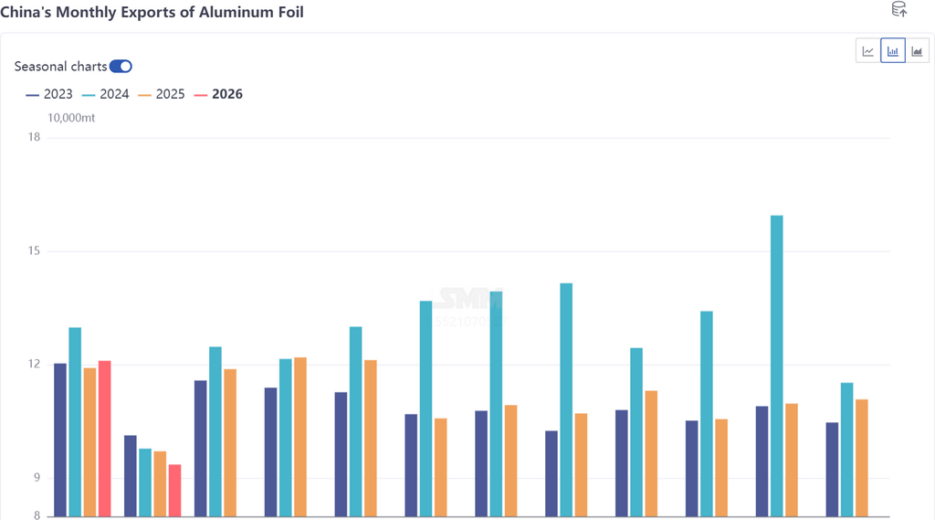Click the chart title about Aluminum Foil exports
(152, 12)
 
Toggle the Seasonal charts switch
(121, 66)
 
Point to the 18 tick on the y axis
(34, 137)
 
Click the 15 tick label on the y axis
(34, 251)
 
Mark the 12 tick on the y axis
(34, 365)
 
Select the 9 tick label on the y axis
(37, 478)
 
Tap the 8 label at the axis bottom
(37, 515)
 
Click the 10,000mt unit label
(71, 118)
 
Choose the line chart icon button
(867, 51)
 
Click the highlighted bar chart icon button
(892, 51)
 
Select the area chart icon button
(917, 51)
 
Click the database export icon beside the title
(898, 10)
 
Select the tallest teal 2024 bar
(776, 366)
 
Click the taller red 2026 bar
(105, 439)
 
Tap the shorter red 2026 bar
(174, 491)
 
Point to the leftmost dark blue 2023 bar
(60, 440)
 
